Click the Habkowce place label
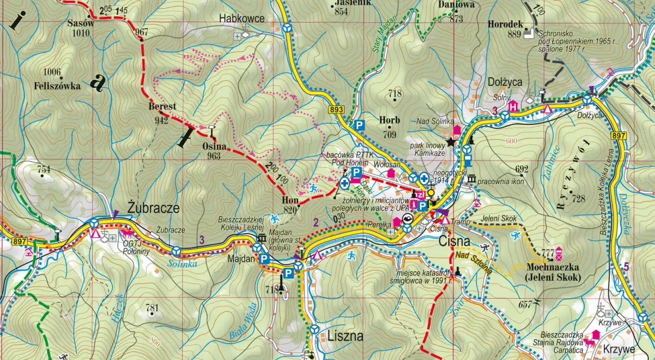point(242,19)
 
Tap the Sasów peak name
point(81,23)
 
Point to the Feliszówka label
point(57,86)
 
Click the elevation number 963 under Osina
point(214,156)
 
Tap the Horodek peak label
point(505,24)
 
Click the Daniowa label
point(456,5)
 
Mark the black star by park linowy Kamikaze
point(451,142)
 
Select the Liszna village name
point(345,336)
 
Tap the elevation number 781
point(152,308)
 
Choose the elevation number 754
point(44,169)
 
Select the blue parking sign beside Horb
point(360,125)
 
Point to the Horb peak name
point(389,121)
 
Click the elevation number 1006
point(52,72)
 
